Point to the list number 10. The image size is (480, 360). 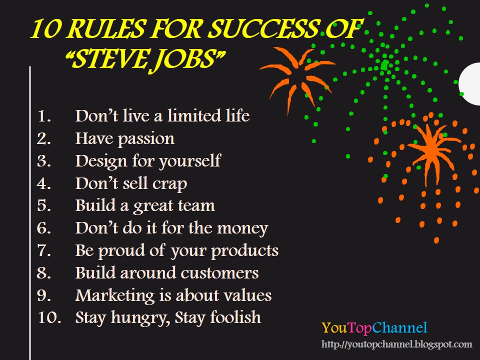pyautogui.click(x=48, y=317)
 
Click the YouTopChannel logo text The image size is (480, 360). pyautogui.click(x=374, y=328)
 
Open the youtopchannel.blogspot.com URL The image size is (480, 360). pyautogui.click(x=396, y=344)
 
